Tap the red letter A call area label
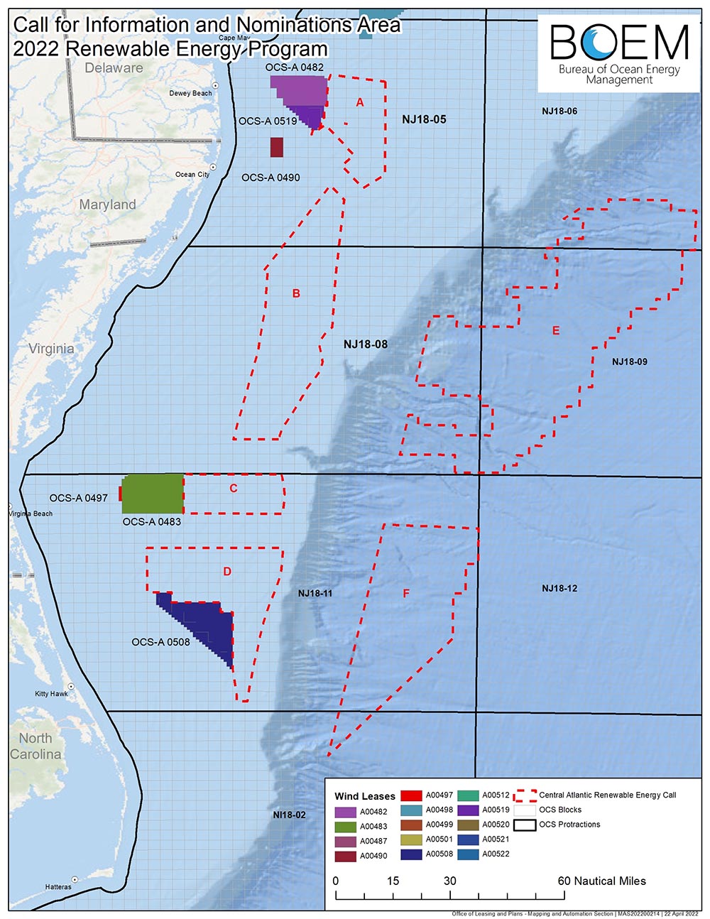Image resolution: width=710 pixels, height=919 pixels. pyautogui.click(x=360, y=103)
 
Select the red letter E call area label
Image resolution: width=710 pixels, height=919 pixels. pyautogui.click(x=556, y=331)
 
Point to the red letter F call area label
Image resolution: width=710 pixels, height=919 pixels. pyautogui.click(x=406, y=594)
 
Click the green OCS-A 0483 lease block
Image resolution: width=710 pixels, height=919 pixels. pyautogui.click(x=153, y=493)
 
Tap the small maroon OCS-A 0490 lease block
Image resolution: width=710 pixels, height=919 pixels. pyautogui.click(x=277, y=146)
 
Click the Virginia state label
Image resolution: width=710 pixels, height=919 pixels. pyautogui.click(x=51, y=349)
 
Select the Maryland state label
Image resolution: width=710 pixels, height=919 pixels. pyautogui.click(x=107, y=205)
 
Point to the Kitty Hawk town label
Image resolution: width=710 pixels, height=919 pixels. pyautogui.click(x=51, y=694)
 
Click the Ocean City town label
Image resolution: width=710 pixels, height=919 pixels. pyautogui.click(x=192, y=175)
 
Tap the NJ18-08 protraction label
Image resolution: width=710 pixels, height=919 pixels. pyautogui.click(x=366, y=344)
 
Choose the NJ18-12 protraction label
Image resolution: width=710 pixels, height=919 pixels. pyautogui.click(x=559, y=588)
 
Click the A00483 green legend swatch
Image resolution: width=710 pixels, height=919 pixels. pyautogui.click(x=345, y=827)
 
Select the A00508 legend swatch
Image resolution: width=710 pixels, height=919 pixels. pyautogui.click(x=412, y=854)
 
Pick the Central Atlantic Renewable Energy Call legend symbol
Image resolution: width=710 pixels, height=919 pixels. pyautogui.click(x=525, y=795)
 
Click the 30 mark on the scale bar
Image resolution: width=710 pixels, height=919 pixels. pyautogui.click(x=449, y=881)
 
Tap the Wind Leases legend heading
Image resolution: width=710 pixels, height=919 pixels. pyautogui.click(x=365, y=796)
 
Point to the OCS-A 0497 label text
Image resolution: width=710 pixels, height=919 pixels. pyautogui.click(x=78, y=498)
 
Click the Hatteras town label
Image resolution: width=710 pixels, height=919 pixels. pyautogui.click(x=58, y=886)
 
